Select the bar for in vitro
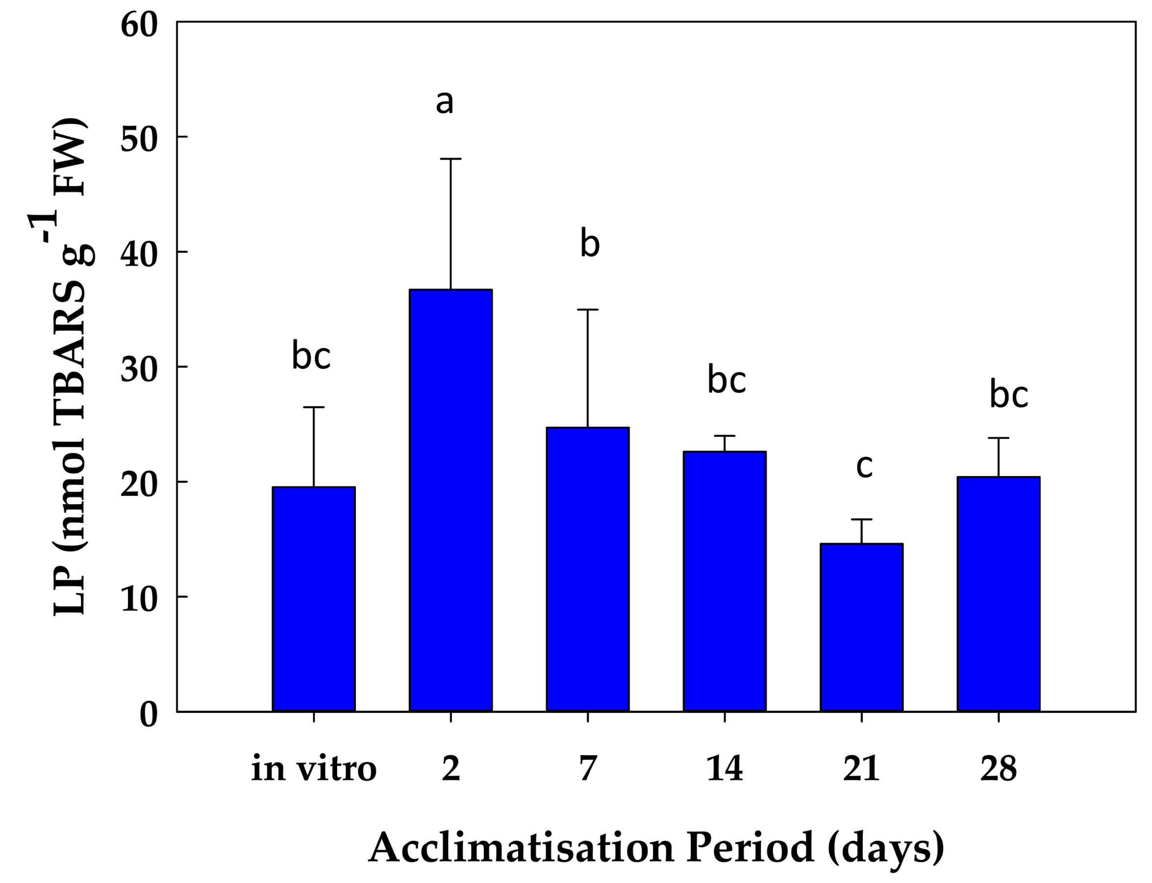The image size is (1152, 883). [313, 599]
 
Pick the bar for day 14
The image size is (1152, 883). [725, 581]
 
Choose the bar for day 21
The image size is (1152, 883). [861, 628]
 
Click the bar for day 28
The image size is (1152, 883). [998, 594]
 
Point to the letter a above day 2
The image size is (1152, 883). [444, 102]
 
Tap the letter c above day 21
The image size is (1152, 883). [864, 466]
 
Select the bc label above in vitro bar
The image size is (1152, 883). [311, 356]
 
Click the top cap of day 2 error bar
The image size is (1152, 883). [451, 159]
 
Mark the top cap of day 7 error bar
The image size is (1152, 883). [587, 310]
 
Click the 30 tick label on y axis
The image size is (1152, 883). [139, 370]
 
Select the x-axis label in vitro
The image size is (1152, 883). [314, 769]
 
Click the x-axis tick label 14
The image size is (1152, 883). [725, 769]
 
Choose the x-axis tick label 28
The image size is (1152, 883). [998, 769]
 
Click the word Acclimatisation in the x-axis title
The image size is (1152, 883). [521, 847]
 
